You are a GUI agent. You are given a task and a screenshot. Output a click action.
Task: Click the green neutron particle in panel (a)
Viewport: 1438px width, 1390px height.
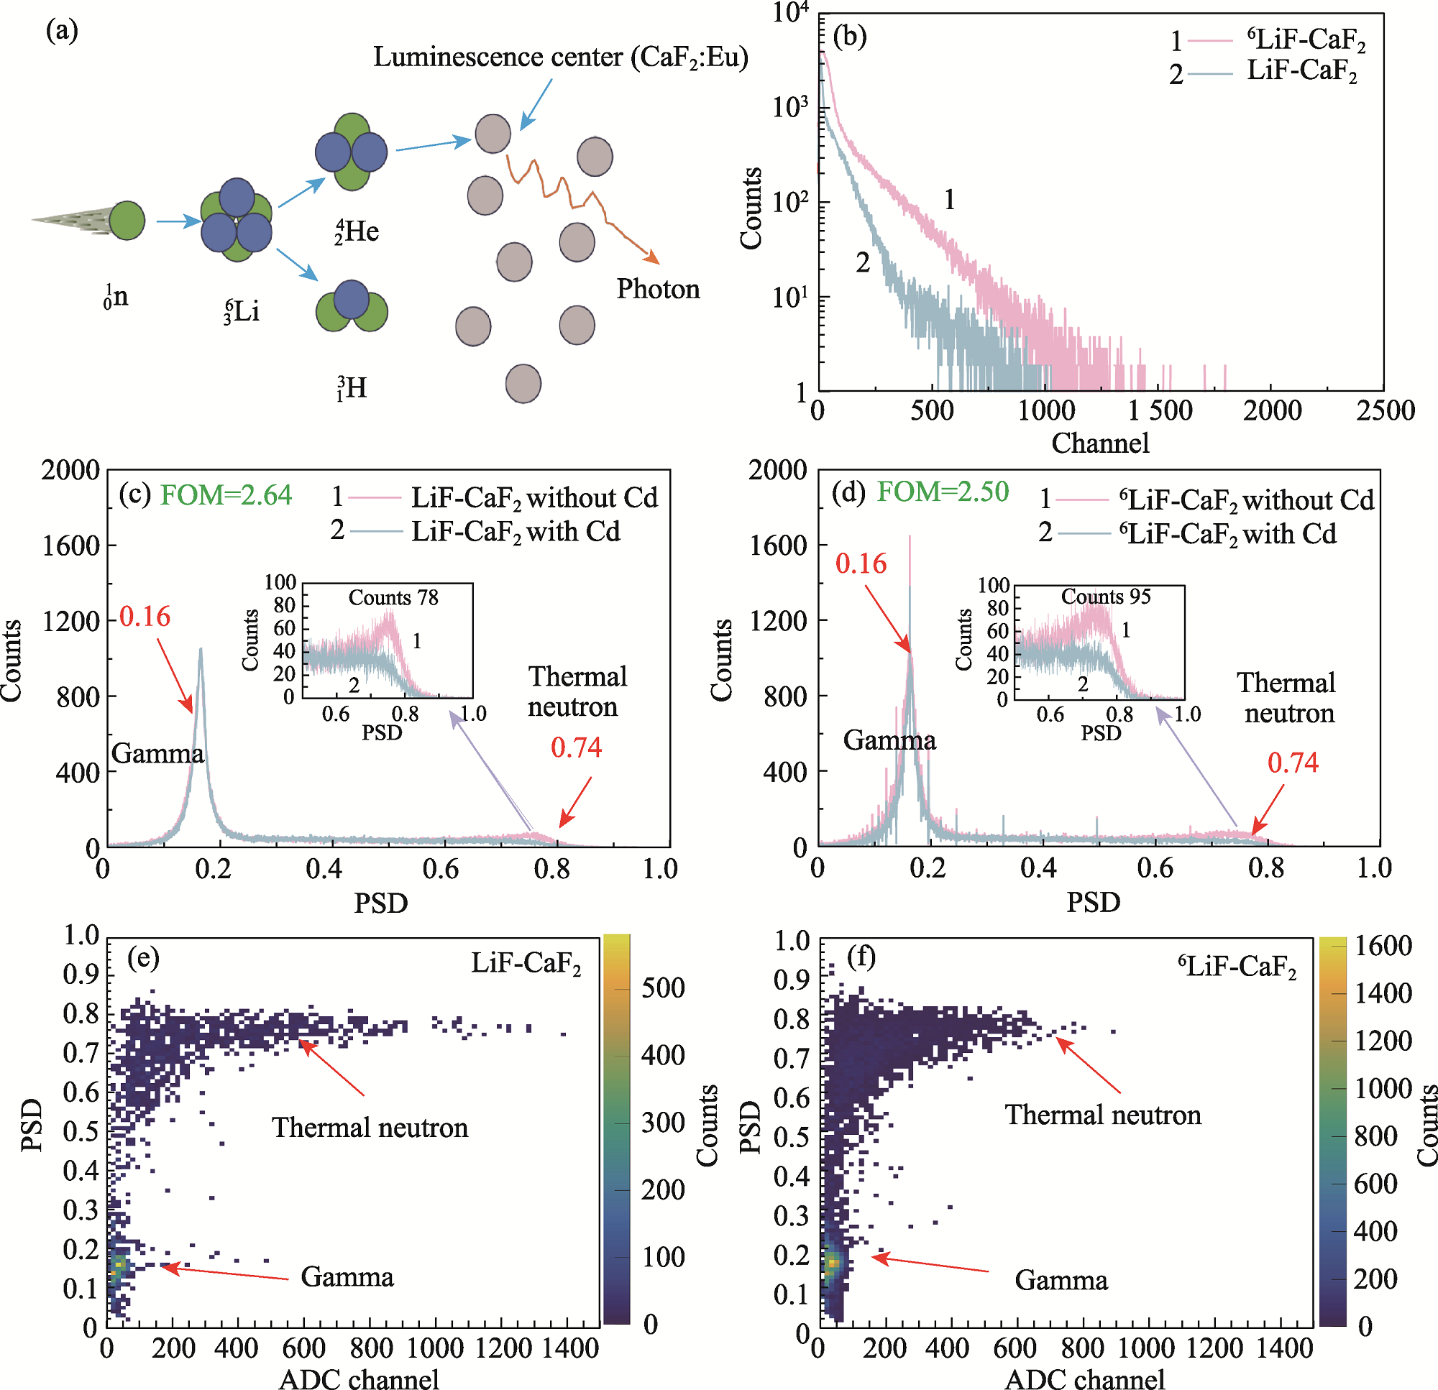(x=127, y=220)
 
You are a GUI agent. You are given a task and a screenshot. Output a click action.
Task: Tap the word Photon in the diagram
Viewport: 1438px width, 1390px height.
(x=658, y=289)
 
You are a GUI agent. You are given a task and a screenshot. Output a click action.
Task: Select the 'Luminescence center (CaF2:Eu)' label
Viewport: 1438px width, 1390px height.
(x=561, y=57)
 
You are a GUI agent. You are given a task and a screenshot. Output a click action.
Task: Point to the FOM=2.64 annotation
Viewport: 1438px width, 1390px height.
(x=226, y=495)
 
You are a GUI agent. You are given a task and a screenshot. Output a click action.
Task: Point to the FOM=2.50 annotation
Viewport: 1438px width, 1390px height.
(x=943, y=492)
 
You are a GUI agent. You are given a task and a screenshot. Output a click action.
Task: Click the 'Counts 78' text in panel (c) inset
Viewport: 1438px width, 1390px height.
(x=393, y=598)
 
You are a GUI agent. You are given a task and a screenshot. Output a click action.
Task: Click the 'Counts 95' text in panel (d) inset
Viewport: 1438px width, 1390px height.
(x=1106, y=597)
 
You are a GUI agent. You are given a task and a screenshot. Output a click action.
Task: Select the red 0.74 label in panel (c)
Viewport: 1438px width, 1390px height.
(x=576, y=747)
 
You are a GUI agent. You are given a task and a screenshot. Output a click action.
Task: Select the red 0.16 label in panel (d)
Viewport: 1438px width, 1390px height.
(x=861, y=563)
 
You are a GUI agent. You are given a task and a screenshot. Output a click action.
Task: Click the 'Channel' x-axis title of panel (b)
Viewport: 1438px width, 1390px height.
(x=1100, y=443)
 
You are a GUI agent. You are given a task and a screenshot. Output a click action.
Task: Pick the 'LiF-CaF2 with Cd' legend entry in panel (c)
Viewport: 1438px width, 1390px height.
(x=515, y=531)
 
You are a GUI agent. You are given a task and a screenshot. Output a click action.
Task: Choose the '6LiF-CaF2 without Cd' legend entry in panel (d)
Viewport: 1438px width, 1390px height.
(x=1246, y=500)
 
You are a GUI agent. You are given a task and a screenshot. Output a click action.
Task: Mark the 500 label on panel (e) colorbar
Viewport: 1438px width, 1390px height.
(x=663, y=988)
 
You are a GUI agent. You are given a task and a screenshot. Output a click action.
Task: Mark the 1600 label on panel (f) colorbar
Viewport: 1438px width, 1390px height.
(x=1383, y=947)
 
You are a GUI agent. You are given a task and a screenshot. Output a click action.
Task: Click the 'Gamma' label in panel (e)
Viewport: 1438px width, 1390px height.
(x=347, y=1277)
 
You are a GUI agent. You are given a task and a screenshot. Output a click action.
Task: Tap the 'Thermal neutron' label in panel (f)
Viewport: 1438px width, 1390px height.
(x=1103, y=1114)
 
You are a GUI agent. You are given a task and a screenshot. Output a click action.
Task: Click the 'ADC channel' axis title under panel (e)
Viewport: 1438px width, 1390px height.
(x=359, y=1378)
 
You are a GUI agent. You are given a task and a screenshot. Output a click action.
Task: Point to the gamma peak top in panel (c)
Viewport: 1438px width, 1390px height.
(x=201, y=649)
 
